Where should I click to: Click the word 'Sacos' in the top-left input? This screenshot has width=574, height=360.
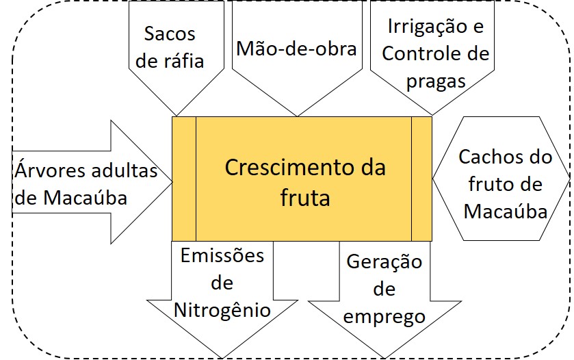(170, 34)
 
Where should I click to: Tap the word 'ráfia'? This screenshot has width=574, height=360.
(181, 60)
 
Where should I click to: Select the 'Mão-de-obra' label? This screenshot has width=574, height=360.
(296, 49)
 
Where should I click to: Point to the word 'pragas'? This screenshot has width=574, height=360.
(435, 81)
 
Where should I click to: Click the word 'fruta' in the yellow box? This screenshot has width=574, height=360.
(305, 198)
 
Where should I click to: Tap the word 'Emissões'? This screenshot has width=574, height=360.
(222, 256)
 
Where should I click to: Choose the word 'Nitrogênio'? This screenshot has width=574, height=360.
(222, 309)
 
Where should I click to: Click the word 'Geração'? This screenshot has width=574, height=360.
(384, 262)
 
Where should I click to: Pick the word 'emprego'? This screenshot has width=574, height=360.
(384, 316)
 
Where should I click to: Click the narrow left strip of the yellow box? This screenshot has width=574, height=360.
(184, 179)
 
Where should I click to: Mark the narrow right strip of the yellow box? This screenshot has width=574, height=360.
(421, 179)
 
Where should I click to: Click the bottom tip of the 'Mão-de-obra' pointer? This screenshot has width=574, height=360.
(297, 114)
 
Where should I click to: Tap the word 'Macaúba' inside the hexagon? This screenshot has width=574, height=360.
(505, 211)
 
